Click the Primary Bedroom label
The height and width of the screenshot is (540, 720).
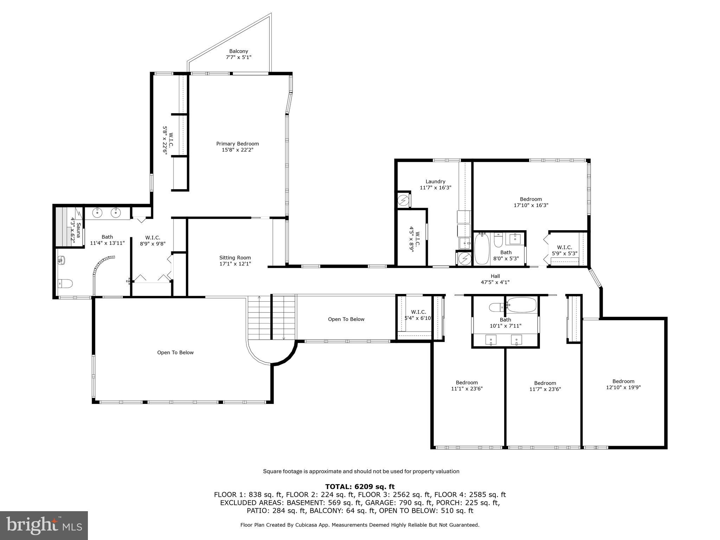click(237, 147)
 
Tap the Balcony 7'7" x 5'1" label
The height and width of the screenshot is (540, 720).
click(238, 54)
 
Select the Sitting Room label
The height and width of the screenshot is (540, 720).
click(235, 261)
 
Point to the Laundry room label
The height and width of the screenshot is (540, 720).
click(435, 185)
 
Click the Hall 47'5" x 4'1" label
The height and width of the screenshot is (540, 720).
click(495, 279)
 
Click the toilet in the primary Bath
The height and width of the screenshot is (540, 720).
click(65, 283)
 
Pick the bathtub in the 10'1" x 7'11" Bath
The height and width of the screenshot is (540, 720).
click(522, 304)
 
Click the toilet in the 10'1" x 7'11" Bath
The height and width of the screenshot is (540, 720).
click(497, 307)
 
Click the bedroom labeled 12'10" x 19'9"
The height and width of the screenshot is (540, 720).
click(623, 384)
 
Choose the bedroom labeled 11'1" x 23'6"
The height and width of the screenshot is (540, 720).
click(467, 386)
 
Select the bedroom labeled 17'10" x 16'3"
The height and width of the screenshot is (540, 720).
click(531, 202)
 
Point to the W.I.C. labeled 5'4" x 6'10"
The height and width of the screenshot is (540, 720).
click(418, 315)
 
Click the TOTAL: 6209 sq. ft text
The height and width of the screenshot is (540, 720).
click(360, 487)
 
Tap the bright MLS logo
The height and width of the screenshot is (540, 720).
click(44, 525)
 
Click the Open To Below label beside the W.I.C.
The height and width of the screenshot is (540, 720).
click(346, 319)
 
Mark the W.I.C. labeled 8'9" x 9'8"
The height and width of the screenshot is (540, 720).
click(153, 240)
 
